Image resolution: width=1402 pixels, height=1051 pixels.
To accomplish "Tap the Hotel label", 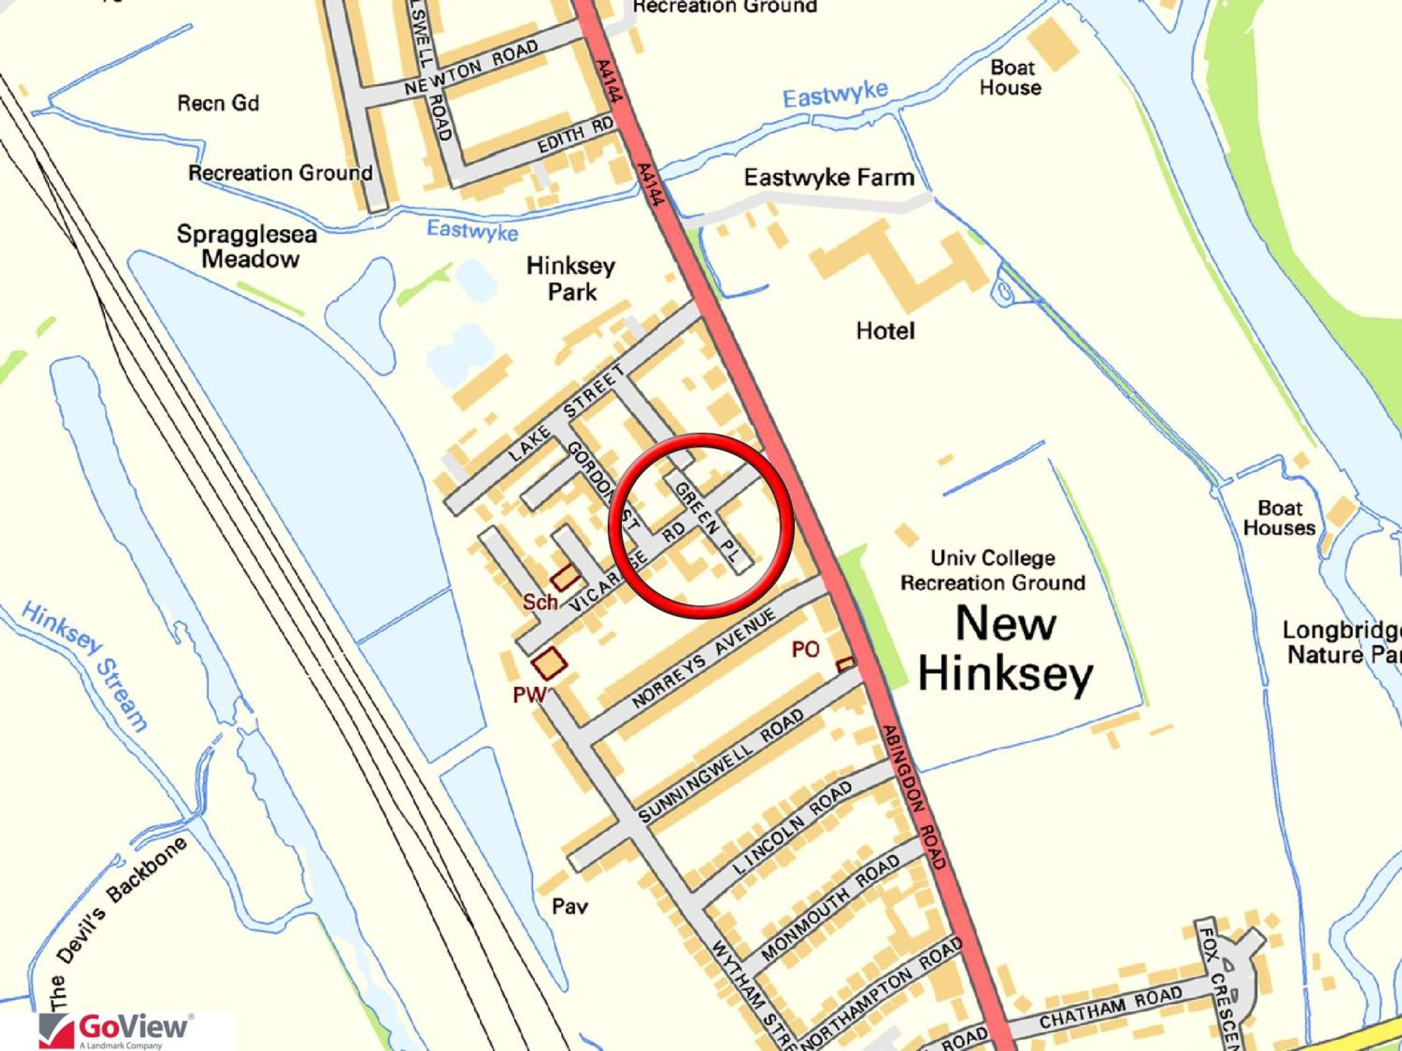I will click(885, 331).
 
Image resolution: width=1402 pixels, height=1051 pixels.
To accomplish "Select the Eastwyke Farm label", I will click(829, 177).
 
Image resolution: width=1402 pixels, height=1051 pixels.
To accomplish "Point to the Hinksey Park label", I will click(571, 279).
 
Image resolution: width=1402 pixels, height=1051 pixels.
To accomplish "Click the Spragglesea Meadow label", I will click(247, 246).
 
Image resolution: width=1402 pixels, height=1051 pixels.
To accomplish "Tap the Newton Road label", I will click(472, 68).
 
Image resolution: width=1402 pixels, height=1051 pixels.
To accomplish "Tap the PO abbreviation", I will click(805, 649).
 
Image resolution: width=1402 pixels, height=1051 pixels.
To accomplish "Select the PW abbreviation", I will click(529, 695).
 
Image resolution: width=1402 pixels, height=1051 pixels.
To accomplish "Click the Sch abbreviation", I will click(539, 601).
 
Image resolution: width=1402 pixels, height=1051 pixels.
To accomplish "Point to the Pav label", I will click(569, 906).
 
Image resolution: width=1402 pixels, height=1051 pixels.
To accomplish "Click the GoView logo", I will click(114, 1030).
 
